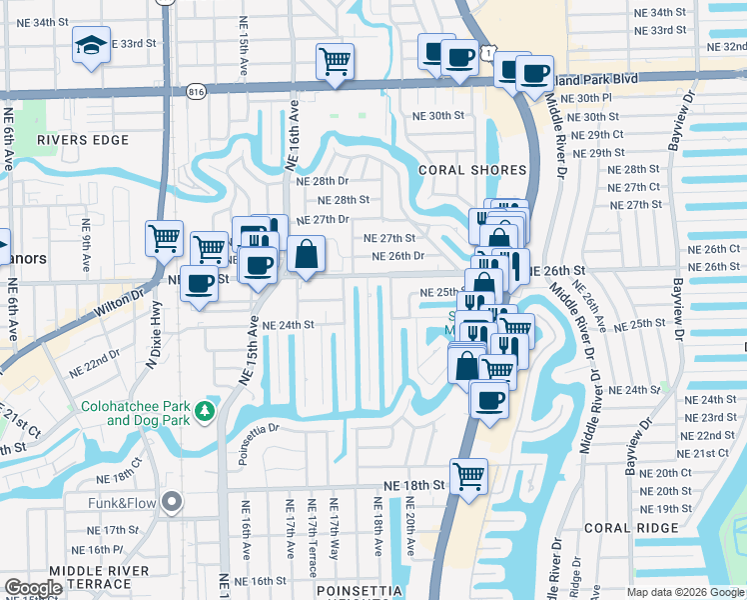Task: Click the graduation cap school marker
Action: pyautogui.click(x=91, y=45)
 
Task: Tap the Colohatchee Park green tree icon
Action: pyautogui.click(x=204, y=410)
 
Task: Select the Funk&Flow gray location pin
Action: pyautogui.click(x=173, y=501)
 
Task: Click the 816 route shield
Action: pyautogui.click(x=196, y=91)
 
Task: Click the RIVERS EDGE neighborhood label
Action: pyautogui.click(x=77, y=140)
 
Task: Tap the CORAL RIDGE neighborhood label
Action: pyautogui.click(x=621, y=528)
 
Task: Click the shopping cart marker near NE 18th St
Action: pyautogui.click(x=467, y=475)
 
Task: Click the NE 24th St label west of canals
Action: pyautogui.click(x=289, y=325)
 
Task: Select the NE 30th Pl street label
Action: pyautogui.click(x=586, y=98)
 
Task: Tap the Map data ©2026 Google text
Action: pyautogui.click(x=685, y=592)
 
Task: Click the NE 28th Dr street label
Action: pyautogui.click(x=323, y=181)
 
